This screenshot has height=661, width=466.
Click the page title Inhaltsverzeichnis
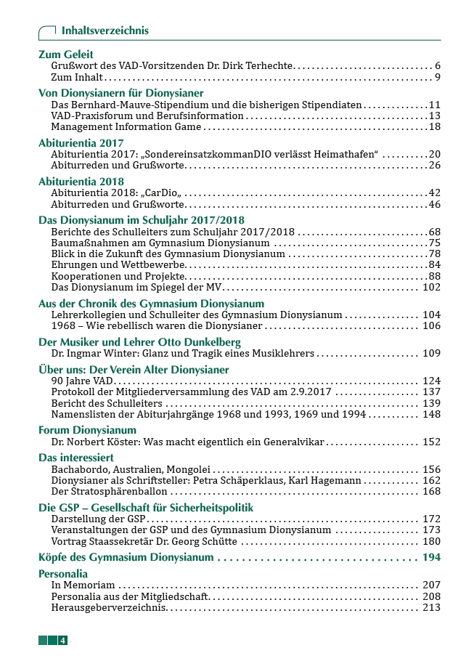click(x=105, y=31)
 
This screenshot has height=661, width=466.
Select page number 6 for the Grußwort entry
click(x=438, y=65)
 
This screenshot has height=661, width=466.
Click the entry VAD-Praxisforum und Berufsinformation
click(x=147, y=115)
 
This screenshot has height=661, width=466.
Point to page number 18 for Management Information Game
click(x=435, y=126)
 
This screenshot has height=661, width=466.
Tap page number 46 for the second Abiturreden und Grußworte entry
click(x=435, y=203)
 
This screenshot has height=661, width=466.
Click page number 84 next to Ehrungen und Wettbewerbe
click(x=435, y=264)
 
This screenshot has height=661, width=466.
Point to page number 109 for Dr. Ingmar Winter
click(x=431, y=353)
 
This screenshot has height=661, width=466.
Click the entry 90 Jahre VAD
click(x=83, y=381)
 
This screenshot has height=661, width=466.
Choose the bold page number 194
click(x=430, y=557)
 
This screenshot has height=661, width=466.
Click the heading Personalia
click(x=62, y=574)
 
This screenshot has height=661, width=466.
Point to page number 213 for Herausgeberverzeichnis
click(x=431, y=607)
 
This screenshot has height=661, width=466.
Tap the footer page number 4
click(x=64, y=640)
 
